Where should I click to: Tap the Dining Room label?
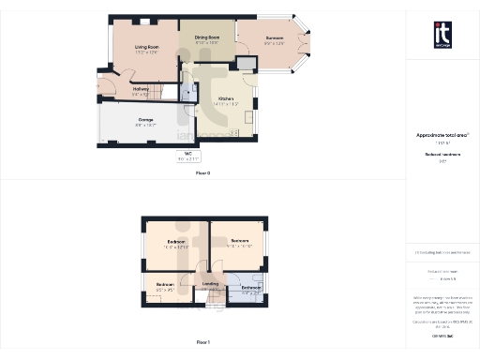click(206, 40)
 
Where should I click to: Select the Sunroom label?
click(273, 40)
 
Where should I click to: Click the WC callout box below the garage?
click(188, 157)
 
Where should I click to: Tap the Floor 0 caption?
click(202, 173)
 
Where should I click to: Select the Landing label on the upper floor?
click(210, 283)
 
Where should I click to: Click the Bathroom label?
click(250, 289)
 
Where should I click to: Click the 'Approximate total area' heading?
click(442, 135)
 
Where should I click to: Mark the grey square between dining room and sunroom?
click(246, 63)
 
